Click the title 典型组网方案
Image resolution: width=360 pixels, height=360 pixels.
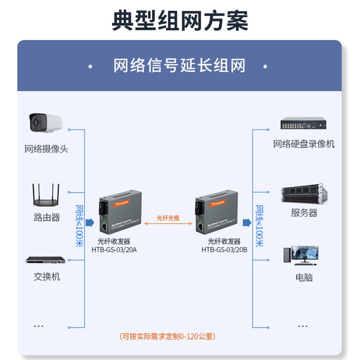[x=180, y=21]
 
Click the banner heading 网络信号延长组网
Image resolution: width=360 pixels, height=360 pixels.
[x=180, y=66]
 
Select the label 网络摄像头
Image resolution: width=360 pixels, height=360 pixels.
[x=46, y=149]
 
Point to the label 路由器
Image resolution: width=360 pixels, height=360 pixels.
[x=46, y=217]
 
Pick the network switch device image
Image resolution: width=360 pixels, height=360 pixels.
[x=45, y=260]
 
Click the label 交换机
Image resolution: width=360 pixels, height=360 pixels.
[x=46, y=277]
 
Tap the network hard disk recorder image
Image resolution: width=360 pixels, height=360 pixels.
[x=303, y=124]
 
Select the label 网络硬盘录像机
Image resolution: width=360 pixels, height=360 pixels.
[x=304, y=144]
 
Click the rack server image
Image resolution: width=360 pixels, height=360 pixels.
[x=304, y=193]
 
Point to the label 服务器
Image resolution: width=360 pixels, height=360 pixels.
[x=304, y=213]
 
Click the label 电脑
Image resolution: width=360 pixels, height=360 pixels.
[x=304, y=277]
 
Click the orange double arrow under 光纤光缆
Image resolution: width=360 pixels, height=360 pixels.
[x=168, y=224]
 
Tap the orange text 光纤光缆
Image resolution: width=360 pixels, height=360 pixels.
[x=168, y=218]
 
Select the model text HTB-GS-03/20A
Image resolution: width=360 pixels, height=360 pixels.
[x=114, y=249]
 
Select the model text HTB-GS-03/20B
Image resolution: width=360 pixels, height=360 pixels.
[x=224, y=249]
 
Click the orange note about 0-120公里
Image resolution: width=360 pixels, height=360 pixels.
[x=167, y=336]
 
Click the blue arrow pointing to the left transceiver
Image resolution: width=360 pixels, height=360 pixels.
[x=90, y=222]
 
